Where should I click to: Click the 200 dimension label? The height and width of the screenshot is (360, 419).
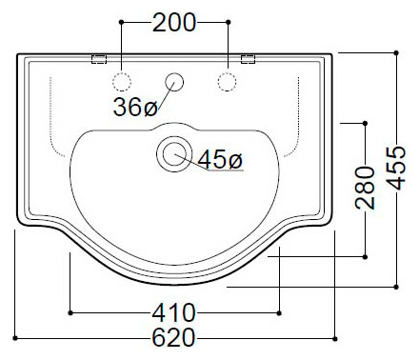174,23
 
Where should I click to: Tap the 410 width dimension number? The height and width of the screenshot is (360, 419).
174,313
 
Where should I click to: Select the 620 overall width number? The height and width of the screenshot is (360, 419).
173,337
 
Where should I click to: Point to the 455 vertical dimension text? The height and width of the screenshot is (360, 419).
396,168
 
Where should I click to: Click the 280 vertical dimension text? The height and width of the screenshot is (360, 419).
365,188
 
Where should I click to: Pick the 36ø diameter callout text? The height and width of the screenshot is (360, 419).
135,107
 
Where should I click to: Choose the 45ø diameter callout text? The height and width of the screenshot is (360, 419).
220,159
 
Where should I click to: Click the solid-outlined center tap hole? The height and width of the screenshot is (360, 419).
174,82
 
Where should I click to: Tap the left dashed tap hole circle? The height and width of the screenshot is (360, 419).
122,82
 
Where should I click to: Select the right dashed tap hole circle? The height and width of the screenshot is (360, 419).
227,82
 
